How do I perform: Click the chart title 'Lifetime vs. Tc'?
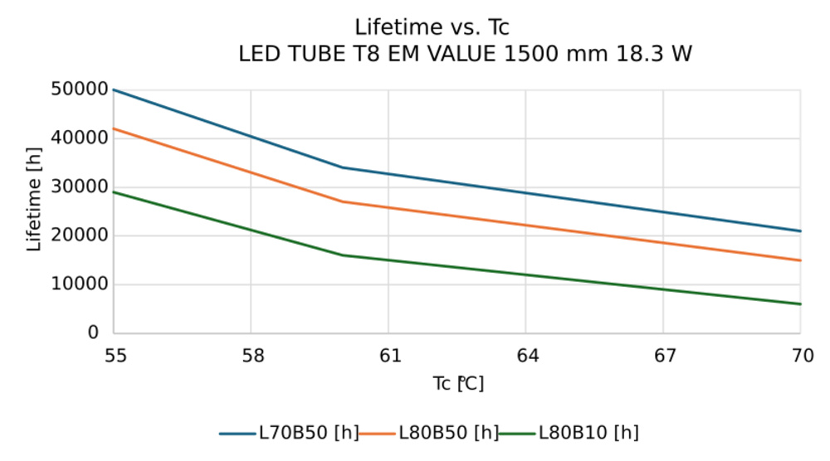432,27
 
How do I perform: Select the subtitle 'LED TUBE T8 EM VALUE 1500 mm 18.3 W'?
465,55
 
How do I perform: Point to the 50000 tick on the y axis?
80,90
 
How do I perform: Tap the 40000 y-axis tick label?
80,138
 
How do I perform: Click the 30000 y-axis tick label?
80,187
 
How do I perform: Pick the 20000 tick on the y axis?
80,235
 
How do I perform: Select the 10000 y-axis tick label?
80,284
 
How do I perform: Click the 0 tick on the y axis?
93,332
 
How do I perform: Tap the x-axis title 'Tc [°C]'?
457,384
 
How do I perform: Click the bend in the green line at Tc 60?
343,255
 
